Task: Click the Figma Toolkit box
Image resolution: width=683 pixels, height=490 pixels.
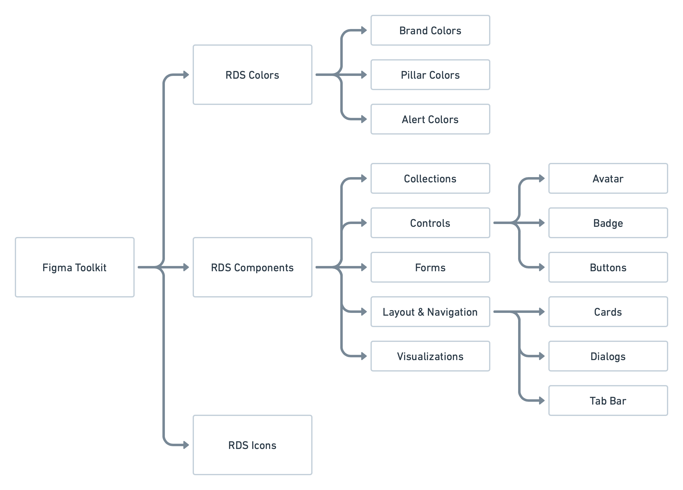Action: point(74,267)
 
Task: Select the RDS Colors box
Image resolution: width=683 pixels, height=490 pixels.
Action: point(252,75)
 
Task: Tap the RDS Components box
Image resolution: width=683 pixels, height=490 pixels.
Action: point(252,267)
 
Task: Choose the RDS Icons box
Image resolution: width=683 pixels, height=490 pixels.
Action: point(252,445)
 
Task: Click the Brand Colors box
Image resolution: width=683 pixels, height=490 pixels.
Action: point(430,30)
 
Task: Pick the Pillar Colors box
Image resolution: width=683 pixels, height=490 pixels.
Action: point(430,75)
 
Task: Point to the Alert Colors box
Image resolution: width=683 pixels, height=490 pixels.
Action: point(430,119)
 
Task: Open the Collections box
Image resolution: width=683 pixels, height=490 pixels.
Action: point(430,178)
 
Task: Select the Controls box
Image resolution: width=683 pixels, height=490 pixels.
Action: point(430,223)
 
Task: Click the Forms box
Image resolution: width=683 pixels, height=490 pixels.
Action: point(430,267)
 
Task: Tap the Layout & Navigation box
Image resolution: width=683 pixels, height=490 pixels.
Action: point(430,312)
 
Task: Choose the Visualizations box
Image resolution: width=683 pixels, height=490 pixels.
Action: point(430,356)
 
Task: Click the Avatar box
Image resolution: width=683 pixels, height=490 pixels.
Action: point(608,178)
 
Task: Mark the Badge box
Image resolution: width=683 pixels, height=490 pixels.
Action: point(608,223)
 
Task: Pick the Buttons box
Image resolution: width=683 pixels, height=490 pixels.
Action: point(608,267)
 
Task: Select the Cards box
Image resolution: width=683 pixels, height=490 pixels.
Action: point(608,312)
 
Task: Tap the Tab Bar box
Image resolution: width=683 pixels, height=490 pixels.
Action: point(608,401)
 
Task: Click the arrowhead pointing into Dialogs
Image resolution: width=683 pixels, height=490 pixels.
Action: point(542,356)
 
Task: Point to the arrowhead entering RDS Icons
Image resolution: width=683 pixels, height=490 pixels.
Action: point(186,445)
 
